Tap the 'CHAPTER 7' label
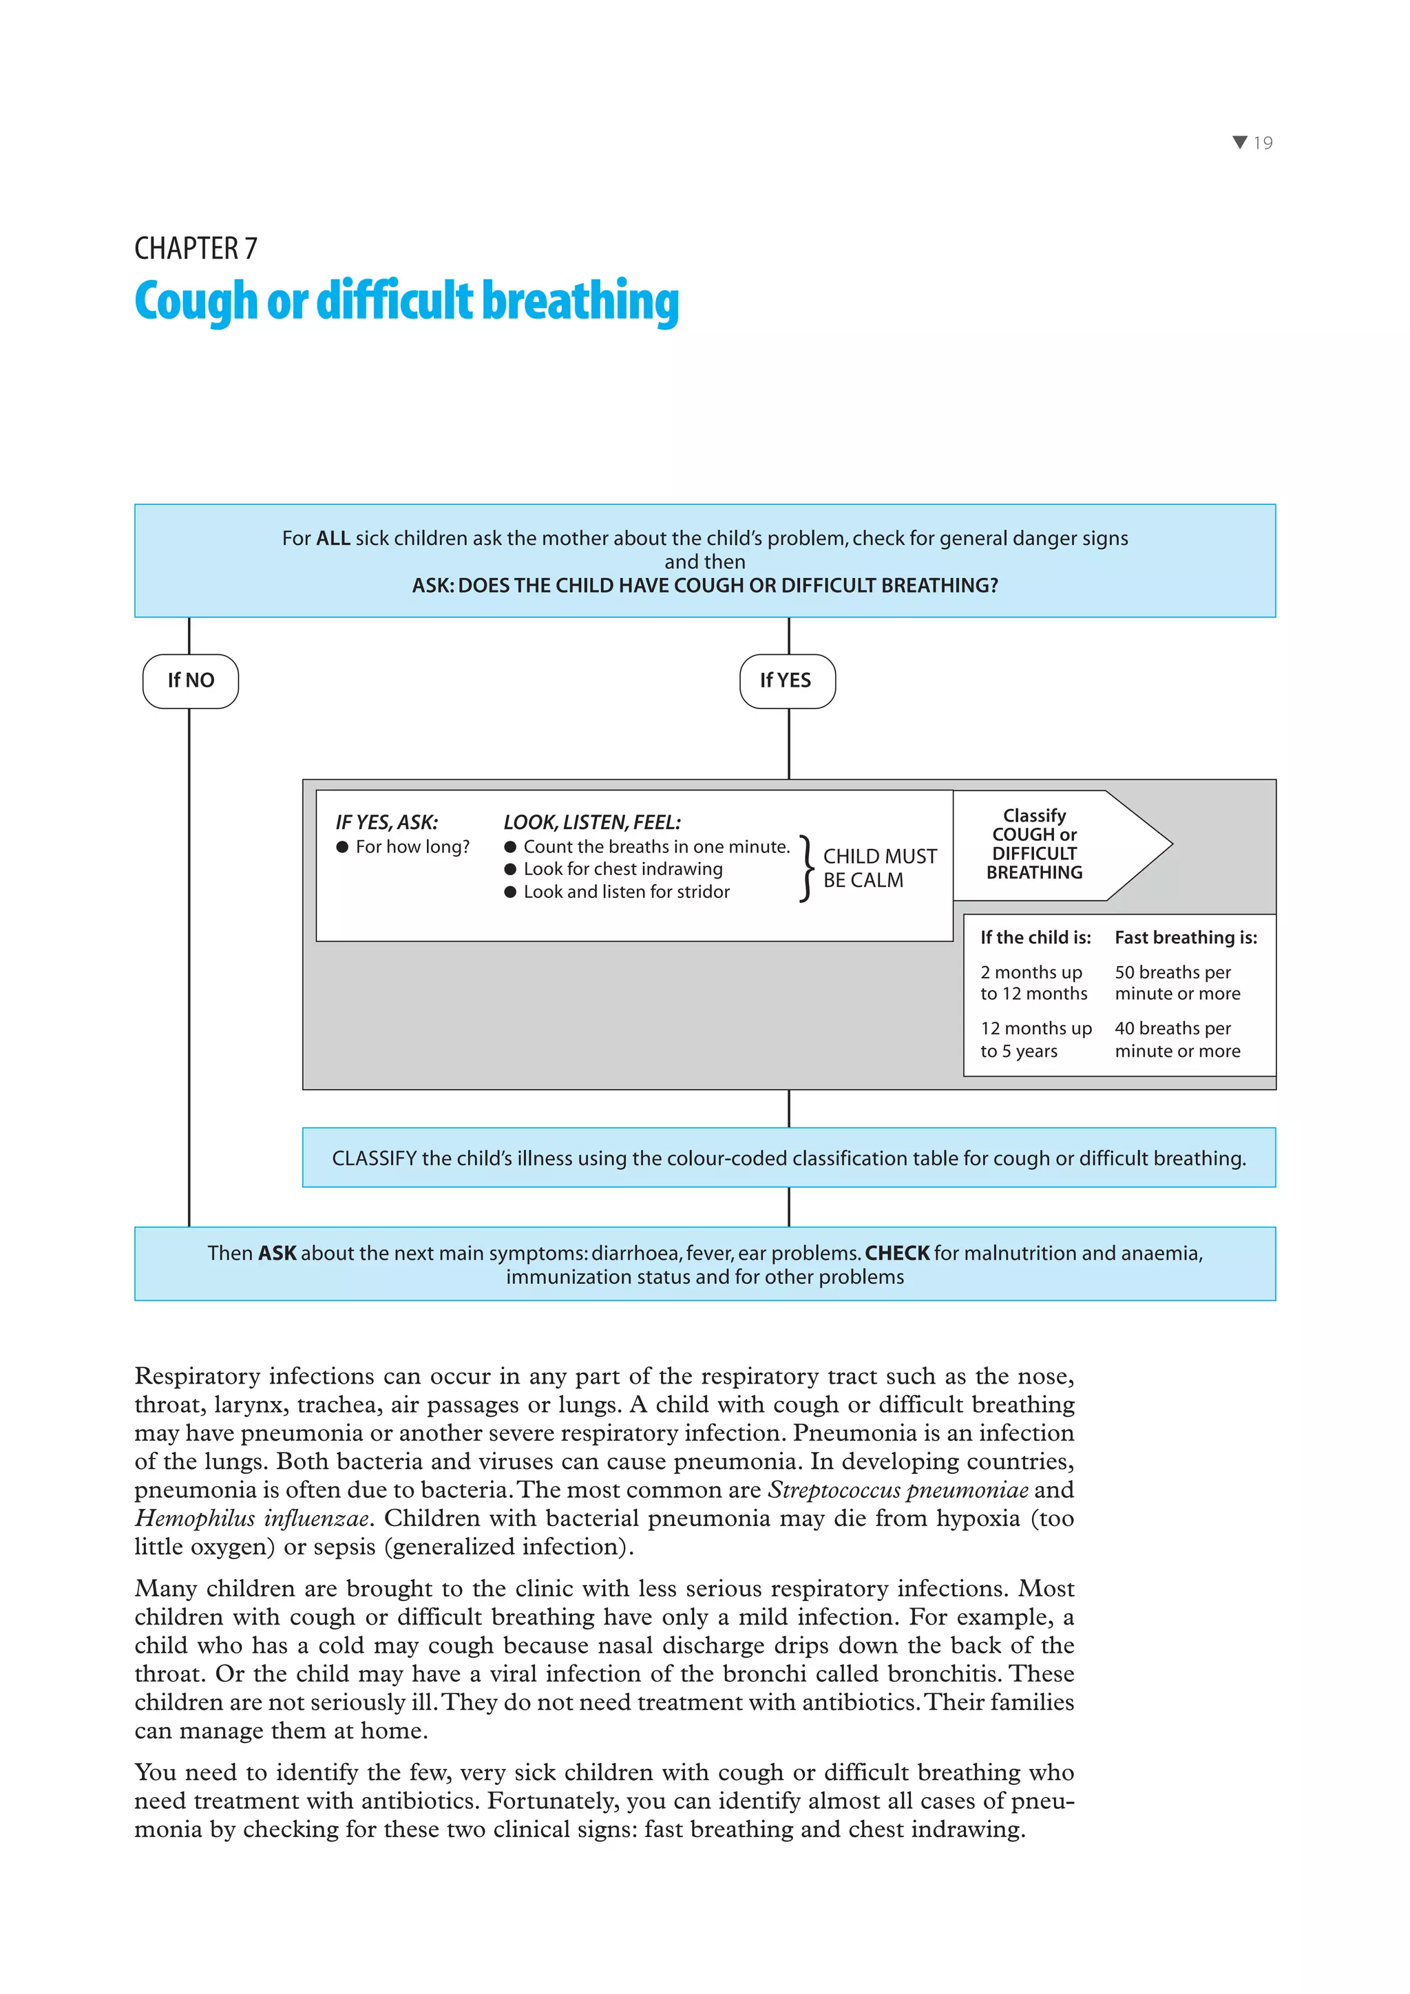point(196,248)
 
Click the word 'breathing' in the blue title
point(580,301)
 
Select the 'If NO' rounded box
point(190,681)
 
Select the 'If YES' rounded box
point(786,681)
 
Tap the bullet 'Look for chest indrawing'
point(622,869)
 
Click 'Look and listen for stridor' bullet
point(626,892)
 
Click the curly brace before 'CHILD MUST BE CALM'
point(806,868)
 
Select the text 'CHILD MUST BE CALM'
point(878,868)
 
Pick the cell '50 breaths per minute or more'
point(1177,983)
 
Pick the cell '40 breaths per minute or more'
point(1177,1040)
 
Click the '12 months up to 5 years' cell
point(1035,1040)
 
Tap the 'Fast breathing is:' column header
point(1185,938)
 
